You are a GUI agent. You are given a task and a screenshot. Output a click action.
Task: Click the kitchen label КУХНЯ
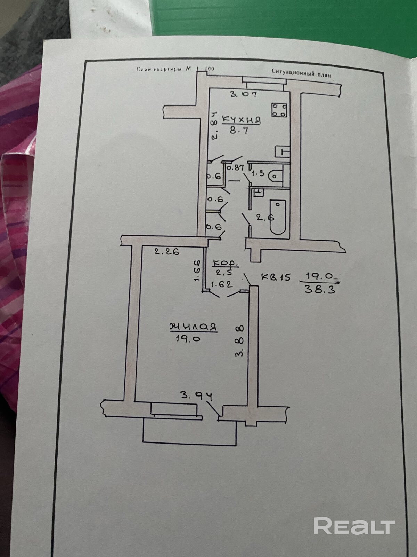coord(241,120)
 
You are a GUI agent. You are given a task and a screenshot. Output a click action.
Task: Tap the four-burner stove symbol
coord(279,110)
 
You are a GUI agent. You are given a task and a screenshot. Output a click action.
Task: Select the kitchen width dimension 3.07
coord(243,94)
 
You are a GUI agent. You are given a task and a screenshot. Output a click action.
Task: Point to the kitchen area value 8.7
coord(239,131)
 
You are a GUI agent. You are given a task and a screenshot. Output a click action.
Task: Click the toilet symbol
coord(275,176)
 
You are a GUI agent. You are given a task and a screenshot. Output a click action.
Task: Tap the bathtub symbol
coord(278,217)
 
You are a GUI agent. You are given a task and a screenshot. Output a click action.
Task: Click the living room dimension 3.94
coord(197,396)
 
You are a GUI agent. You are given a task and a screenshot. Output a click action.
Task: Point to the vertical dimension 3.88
coord(240,341)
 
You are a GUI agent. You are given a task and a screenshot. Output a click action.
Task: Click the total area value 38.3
coord(320,289)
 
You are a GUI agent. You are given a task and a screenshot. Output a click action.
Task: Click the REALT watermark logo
coord(354,525)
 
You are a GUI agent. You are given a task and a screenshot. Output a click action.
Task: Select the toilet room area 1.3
coord(257,173)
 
